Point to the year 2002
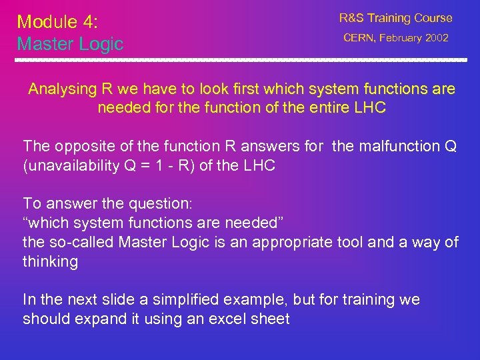(437, 38)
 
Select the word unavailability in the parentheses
(69, 165)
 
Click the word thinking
(50, 261)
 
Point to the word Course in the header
(429, 18)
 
